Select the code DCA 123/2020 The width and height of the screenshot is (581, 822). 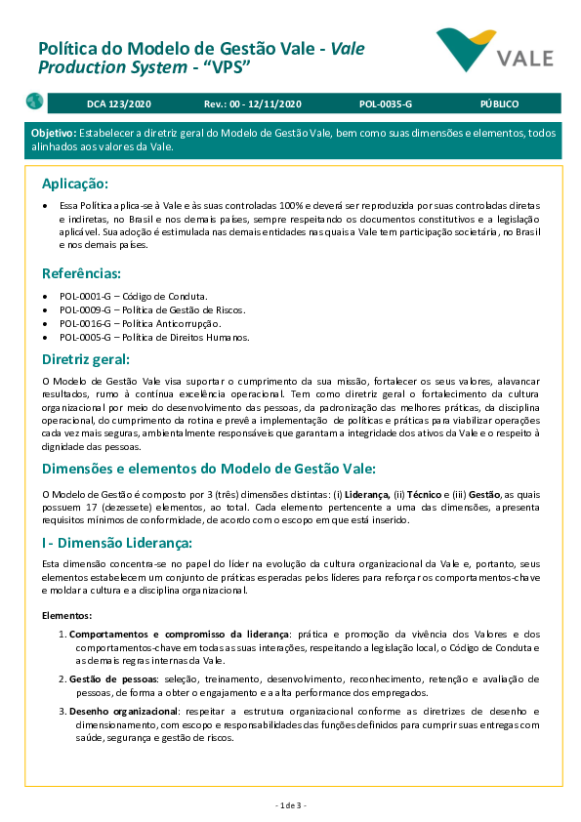click(118, 103)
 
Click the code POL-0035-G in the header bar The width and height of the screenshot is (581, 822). click(386, 103)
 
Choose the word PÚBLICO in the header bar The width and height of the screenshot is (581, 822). click(499, 103)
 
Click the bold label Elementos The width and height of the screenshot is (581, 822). click(67, 616)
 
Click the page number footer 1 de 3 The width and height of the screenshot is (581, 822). click(290, 805)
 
